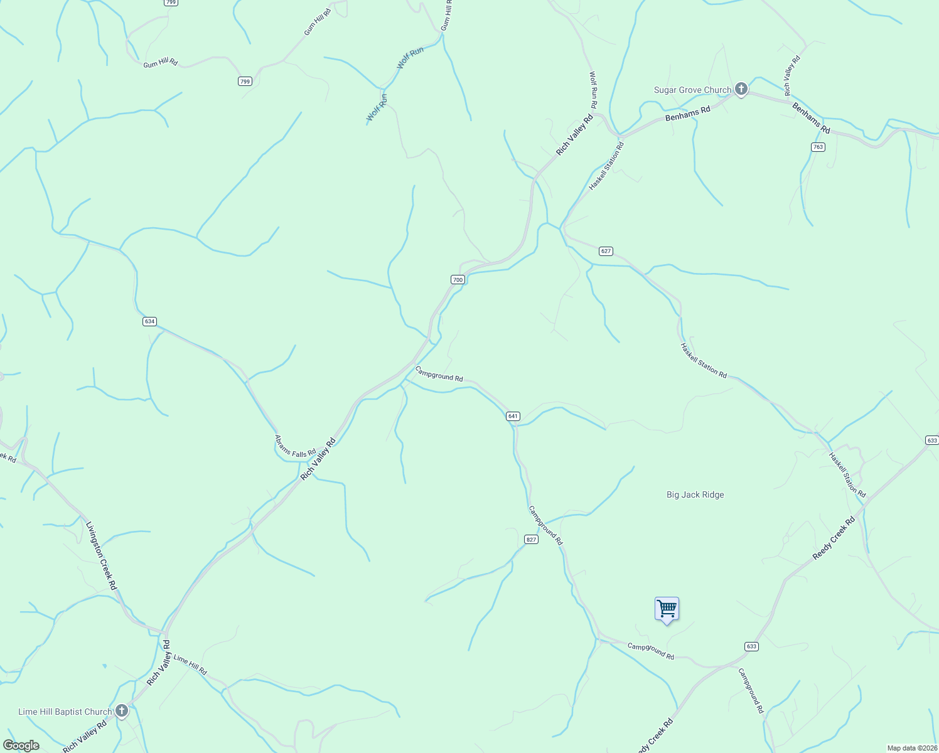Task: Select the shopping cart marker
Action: coord(667,609)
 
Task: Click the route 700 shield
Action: coord(458,279)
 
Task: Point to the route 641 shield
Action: coord(513,416)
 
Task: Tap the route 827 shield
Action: coord(531,540)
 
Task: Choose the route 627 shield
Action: coord(606,251)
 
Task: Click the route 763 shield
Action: coord(817,147)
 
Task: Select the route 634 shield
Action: coord(149,321)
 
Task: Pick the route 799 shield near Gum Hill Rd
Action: coord(245,81)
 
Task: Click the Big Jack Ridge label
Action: coord(695,494)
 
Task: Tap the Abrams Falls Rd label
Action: coord(295,446)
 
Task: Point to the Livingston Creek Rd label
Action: coord(101,555)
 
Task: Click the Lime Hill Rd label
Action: coord(190,665)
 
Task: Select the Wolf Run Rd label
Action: coord(593,92)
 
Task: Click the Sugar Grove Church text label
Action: coord(692,90)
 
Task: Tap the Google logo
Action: coord(21,745)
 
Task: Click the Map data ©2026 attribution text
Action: coord(911,748)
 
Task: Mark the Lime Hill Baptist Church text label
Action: coord(65,712)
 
